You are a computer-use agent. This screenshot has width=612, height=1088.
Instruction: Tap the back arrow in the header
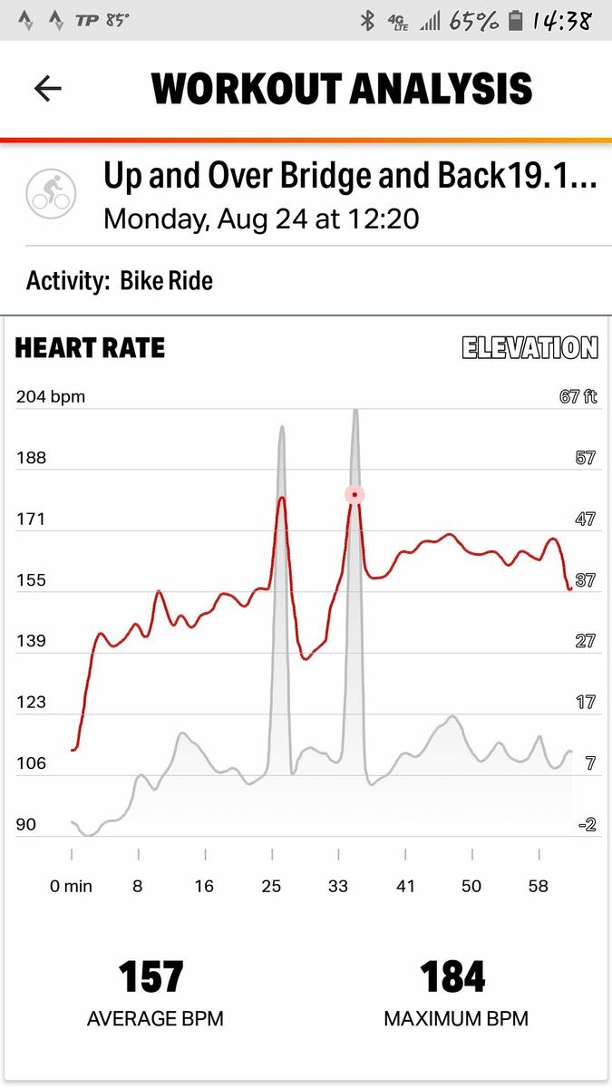tap(47, 88)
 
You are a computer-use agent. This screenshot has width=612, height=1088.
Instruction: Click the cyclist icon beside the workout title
tap(50, 191)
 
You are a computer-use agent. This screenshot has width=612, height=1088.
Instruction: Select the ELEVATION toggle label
tap(530, 347)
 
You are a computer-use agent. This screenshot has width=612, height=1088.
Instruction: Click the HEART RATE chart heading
tap(90, 348)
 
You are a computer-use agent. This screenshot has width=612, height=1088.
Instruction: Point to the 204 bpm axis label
tap(50, 396)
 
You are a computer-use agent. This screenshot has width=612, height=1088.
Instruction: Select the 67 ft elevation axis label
tap(578, 396)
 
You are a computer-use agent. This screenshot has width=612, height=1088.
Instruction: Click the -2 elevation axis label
tap(587, 824)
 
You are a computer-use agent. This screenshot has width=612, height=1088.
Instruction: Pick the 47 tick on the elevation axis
tap(586, 520)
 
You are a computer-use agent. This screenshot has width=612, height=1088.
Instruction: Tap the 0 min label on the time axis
tap(71, 887)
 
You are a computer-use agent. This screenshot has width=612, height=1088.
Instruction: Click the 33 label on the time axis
tap(338, 887)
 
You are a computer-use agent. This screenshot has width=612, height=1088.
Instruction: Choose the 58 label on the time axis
tap(539, 887)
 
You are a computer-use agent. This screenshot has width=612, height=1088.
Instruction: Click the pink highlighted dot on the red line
tap(355, 494)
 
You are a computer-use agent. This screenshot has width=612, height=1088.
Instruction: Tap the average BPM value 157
tap(151, 977)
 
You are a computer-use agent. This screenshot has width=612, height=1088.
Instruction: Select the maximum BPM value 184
tap(453, 977)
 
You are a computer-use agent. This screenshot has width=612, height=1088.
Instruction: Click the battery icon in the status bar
tap(515, 20)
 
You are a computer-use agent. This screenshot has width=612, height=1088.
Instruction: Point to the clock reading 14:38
tap(562, 20)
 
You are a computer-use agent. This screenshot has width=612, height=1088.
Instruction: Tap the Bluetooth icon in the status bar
tap(367, 20)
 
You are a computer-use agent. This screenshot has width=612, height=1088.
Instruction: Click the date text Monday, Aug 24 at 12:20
tap(261, 219)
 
